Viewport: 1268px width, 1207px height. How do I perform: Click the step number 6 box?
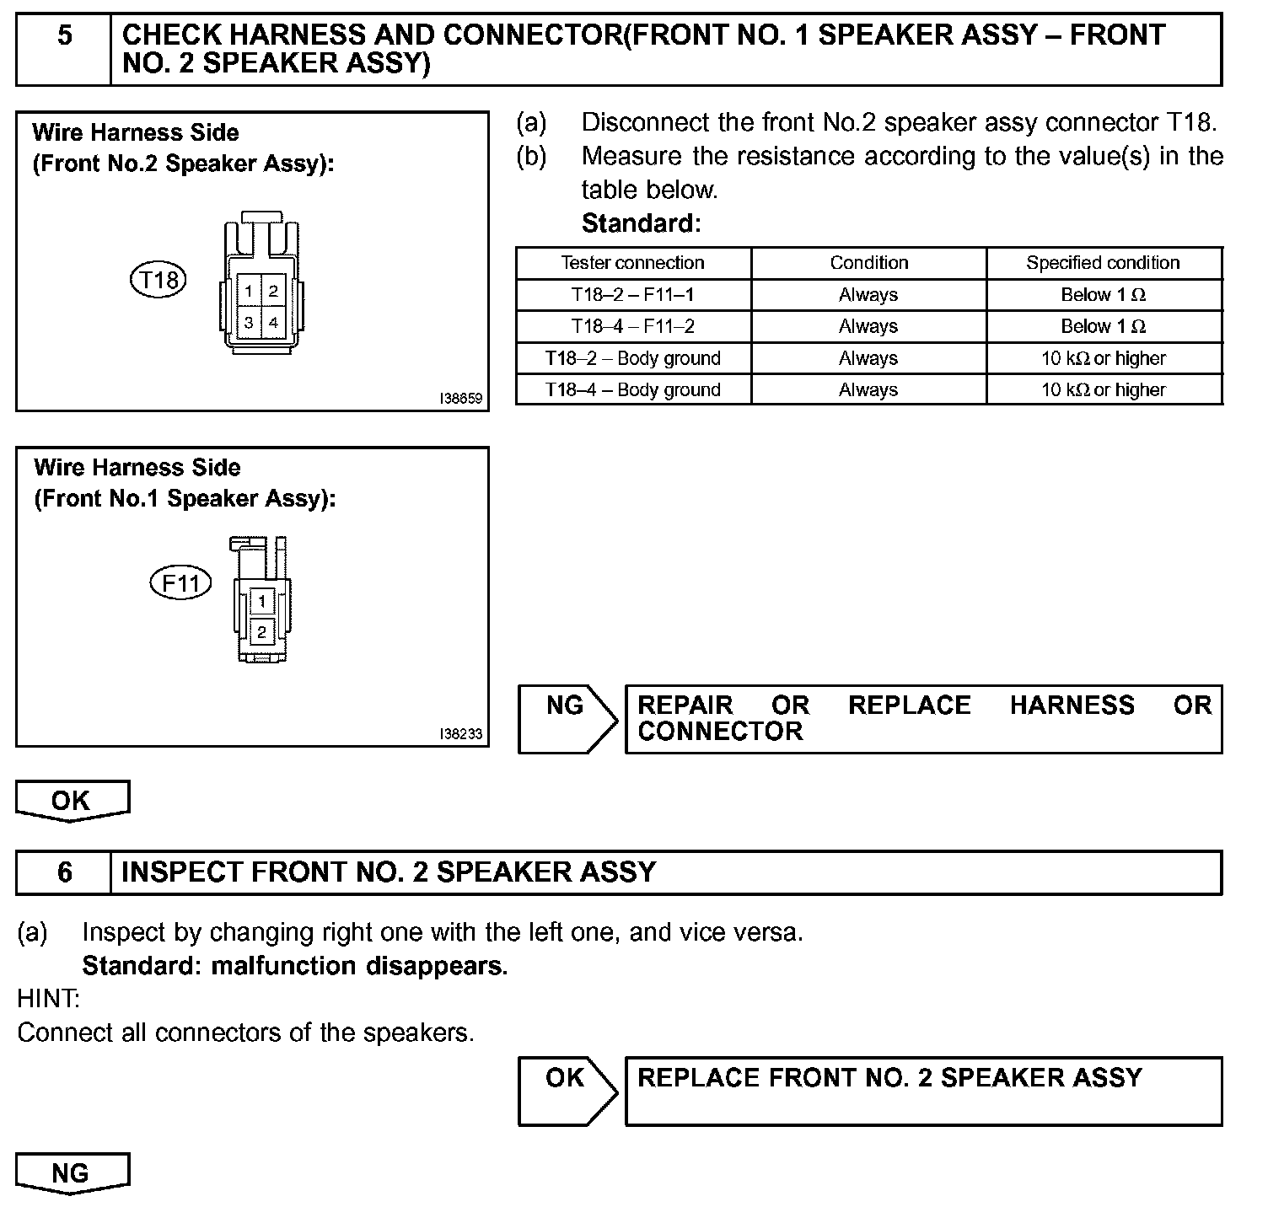(x=64, y=872)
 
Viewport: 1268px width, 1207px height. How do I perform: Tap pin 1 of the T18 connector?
(x=250, y=292)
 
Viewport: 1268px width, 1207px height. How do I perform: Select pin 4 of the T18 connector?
(x=274, y=322)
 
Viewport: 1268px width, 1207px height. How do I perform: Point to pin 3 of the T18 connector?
(x=250, y=322)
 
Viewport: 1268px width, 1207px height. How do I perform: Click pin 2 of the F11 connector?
(x=262, y=631)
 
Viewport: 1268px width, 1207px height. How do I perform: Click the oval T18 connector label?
(x=158, y=279)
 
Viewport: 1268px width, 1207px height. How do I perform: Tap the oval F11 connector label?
(x=180, y=582)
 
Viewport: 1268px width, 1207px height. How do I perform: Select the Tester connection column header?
(x=632, y=263)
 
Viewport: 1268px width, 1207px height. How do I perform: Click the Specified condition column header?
(x=1103, y=263)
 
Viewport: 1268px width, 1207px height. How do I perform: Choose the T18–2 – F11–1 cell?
(x=632, y=295)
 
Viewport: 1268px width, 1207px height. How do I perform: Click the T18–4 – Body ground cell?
(x=632, y=389)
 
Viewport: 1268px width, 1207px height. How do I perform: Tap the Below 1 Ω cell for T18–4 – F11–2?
(x=1103, y=326)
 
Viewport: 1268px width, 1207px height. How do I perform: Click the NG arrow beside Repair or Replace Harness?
(x=567, y=718)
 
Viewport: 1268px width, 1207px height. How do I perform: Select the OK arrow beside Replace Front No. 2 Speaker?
(x=567, y=1091)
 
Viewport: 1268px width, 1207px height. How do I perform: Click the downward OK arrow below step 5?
(x=72, y=801)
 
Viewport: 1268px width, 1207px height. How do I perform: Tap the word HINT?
(x=48, y=1000)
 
